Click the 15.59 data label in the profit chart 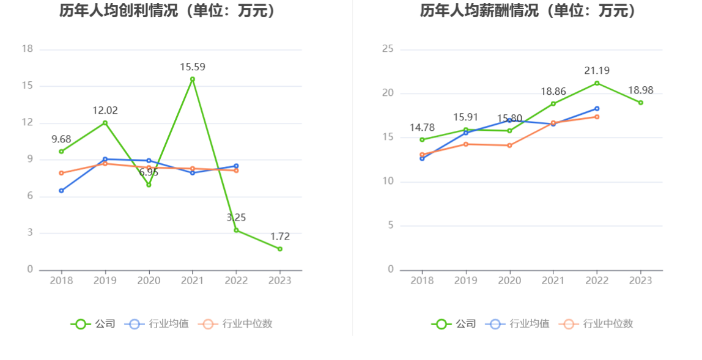click(192, 67)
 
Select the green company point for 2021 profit click(193, 79)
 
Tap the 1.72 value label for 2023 click(279, 237)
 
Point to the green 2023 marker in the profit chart click(280, 249)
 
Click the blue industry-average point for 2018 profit click(61, 191)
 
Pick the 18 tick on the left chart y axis click(27, 49)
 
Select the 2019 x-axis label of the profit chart click(105, 281)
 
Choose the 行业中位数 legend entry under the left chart click(235, 324)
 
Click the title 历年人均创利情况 click(167, 11)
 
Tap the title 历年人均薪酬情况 click(528, 11)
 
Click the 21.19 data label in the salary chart click(597, 71)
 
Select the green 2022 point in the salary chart click(597, 83)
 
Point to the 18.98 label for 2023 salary click(641, 90)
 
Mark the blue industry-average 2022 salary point click(597, 109)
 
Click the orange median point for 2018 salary click(422, 155)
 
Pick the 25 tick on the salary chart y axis click(388, 49)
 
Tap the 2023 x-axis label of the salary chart click(641, 281)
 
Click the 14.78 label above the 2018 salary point click(422, 128)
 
